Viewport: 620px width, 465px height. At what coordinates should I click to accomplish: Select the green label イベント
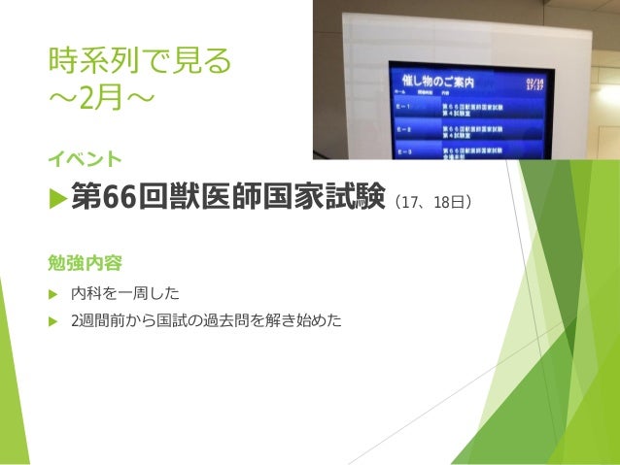[86, 157]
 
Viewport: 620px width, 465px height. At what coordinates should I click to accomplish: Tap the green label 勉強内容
[86, 262]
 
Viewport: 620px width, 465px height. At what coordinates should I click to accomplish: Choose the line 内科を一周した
[125, 292]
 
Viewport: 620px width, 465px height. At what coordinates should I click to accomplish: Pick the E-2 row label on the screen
[401, 128]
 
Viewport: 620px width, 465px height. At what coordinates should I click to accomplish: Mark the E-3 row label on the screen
[401, 151]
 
